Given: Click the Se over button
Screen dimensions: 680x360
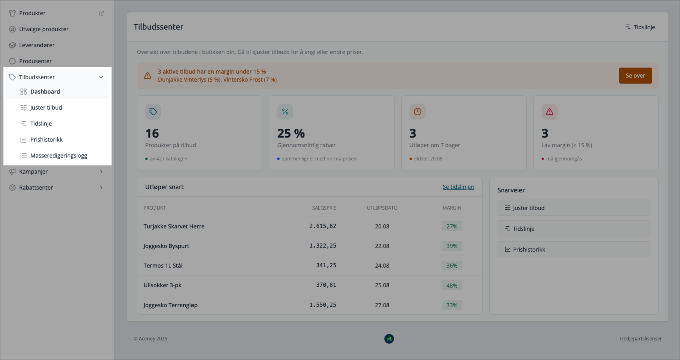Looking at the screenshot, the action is coord(635,76).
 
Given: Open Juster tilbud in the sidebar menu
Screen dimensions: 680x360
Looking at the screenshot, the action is coord(46,108).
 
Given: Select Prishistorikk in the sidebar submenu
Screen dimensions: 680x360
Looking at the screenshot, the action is coord(46,140).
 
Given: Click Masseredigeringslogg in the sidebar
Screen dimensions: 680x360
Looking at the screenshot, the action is coord(58,156).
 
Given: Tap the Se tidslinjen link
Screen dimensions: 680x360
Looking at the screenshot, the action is coord(458,187).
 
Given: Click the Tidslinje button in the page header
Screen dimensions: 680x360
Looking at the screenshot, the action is coord(640,27).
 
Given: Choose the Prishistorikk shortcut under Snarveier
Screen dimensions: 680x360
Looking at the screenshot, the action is coord(574,249).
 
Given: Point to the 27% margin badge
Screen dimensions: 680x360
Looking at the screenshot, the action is coord(452,226).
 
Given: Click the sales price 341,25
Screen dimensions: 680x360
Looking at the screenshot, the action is coord(326,265).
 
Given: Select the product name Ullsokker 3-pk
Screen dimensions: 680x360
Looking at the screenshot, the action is coord(162,285).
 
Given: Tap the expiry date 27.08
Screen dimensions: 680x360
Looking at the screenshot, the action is coord(382,305).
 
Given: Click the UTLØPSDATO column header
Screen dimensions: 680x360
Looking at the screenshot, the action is coord(382,208).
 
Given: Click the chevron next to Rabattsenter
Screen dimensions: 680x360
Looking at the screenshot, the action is coord(101,188).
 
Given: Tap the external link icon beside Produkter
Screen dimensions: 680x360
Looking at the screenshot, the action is coord(102,13).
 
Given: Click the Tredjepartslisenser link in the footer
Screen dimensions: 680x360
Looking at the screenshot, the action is coord(640,338).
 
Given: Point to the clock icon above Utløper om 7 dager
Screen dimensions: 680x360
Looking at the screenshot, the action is coord(418,112).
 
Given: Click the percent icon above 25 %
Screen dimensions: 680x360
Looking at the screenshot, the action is coord(285,112).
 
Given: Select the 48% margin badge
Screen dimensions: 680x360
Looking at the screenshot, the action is coord(452,285).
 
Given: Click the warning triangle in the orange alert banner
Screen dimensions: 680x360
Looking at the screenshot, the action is coord(148,76).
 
